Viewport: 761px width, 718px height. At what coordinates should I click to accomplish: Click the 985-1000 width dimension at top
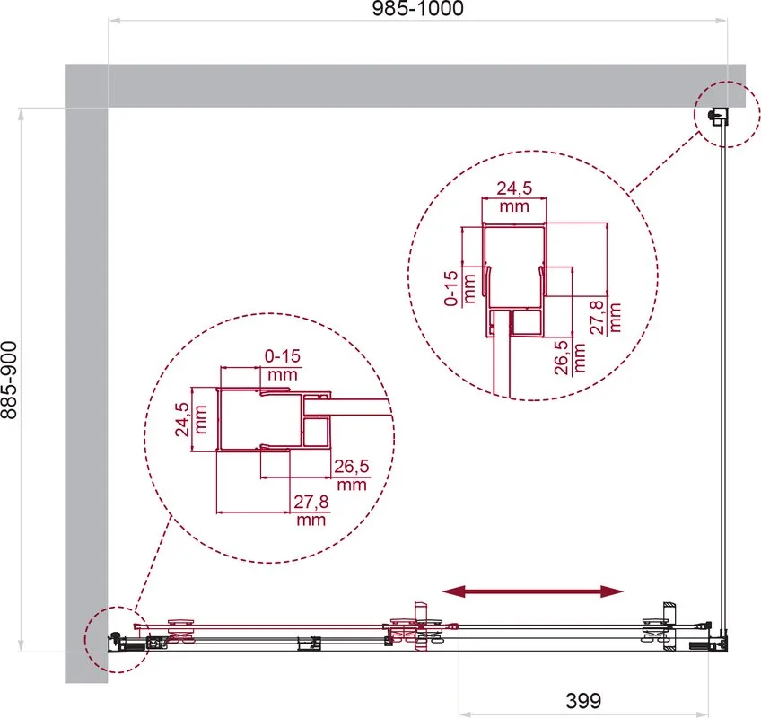tap(417, 8)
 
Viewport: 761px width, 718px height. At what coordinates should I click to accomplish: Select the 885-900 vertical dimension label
tap(9, 379)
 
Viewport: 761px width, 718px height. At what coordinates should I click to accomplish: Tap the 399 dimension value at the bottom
tap(583, 701)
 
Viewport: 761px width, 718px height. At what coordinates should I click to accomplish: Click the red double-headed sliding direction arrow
tap(533, 591)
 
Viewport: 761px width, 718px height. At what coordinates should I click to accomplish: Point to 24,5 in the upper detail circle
tap(514, 188)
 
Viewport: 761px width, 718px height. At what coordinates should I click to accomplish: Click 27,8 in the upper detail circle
tap(598, 317)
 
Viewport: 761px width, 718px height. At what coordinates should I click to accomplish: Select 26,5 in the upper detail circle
tap(562, 357)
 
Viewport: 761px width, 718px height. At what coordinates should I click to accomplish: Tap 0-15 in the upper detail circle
tap(451, 288)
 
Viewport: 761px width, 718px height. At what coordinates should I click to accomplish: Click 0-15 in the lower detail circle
tap(283, 356)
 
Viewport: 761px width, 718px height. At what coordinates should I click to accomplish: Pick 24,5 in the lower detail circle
tap(182, 419)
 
